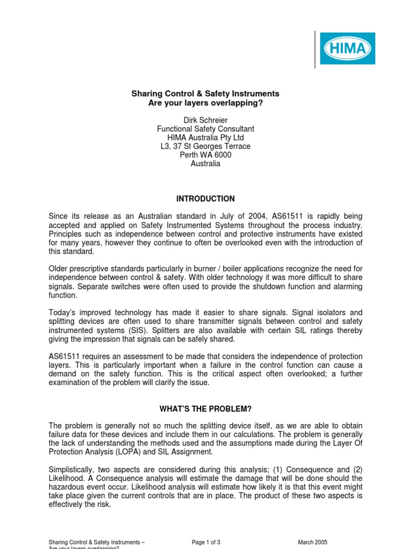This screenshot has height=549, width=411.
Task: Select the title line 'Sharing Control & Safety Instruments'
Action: pos(205,93)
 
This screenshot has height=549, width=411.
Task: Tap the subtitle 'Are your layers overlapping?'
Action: pos(205,103)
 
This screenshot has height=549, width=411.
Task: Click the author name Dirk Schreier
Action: pos(205,120)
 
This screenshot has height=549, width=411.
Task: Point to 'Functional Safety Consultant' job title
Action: pos(205,129)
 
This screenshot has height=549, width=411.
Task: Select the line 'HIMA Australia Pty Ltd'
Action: pos(205,137)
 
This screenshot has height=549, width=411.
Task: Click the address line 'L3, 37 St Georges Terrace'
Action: pos(205,146)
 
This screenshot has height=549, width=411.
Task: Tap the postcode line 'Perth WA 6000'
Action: pos(205,155)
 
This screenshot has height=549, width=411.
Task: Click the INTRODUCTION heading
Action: pos(205,198)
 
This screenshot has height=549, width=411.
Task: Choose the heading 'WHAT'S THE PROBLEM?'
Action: pos(205,409)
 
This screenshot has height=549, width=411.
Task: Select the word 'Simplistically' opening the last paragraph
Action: pos(72,470)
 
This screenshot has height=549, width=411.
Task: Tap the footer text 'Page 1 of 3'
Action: pos(206,542)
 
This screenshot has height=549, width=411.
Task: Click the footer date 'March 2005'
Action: pos(313,542)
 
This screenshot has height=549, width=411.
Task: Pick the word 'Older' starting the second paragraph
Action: pos(59,269)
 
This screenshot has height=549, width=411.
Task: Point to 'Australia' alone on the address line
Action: pos(205,164)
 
